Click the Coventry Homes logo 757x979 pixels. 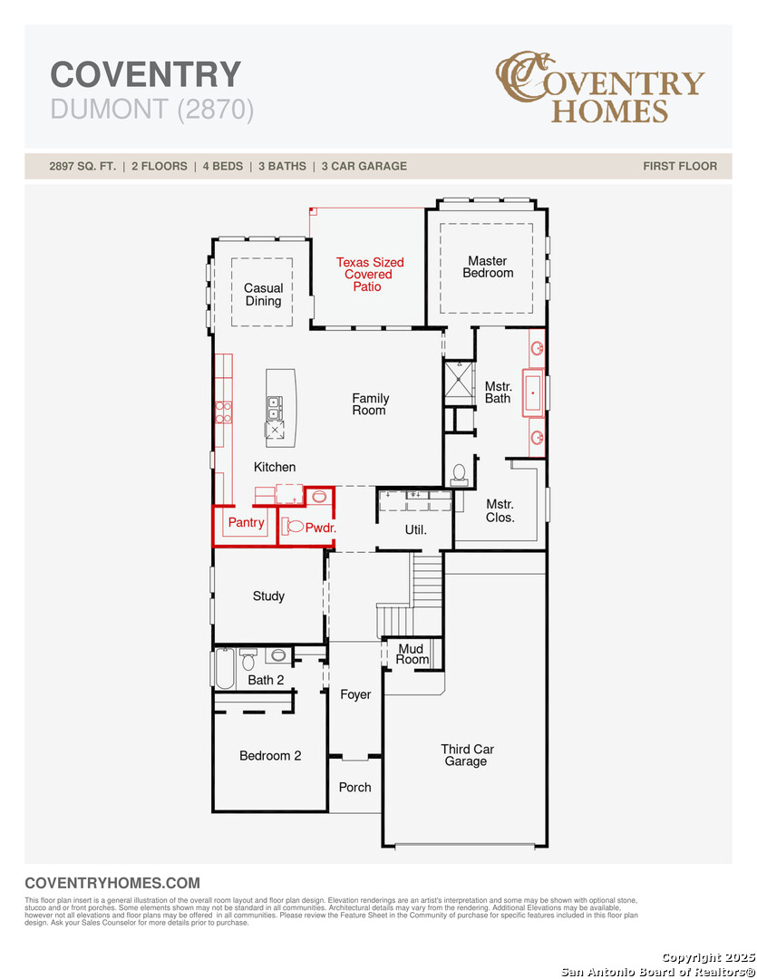599,88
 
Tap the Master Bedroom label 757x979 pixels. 488,267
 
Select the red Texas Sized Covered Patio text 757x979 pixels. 370,274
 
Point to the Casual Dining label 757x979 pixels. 263,295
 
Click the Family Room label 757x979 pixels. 370,404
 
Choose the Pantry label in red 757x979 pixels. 246,522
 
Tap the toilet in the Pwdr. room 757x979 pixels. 295,526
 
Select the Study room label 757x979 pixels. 268,596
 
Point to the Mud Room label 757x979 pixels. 412,654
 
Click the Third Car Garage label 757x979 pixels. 467,755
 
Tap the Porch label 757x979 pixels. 354,787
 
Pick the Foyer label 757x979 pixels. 355,694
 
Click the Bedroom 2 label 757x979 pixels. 270,755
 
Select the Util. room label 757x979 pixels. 415,529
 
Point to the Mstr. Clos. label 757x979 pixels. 500,510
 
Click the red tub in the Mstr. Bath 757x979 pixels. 533,393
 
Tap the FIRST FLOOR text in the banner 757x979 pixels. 679,166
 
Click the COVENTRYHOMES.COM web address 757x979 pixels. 112,883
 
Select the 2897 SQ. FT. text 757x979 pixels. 82,166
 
